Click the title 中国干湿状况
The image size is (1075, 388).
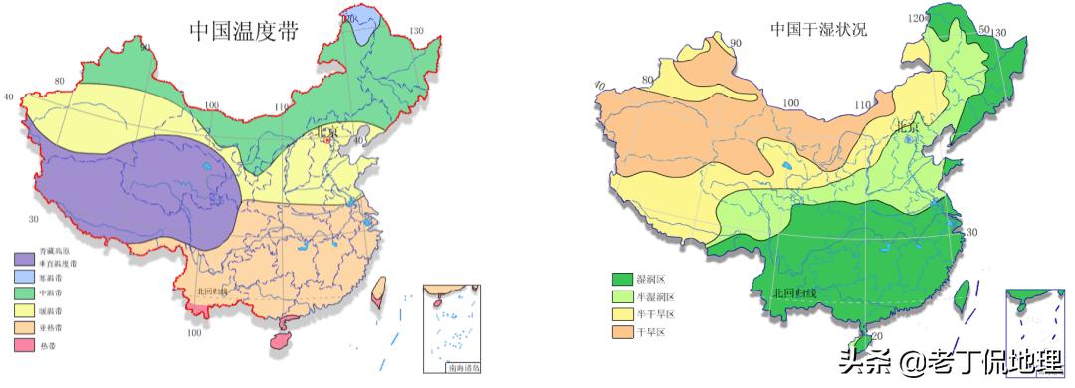pos(817,30)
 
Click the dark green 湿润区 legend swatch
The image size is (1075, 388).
pos(622,280)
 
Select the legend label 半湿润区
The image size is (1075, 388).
pos(658,296)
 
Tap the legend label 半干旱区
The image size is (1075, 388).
pos(658,313)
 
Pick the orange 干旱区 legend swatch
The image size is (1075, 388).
pos(622,330)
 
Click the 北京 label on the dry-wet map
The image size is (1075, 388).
pos(906,126)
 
